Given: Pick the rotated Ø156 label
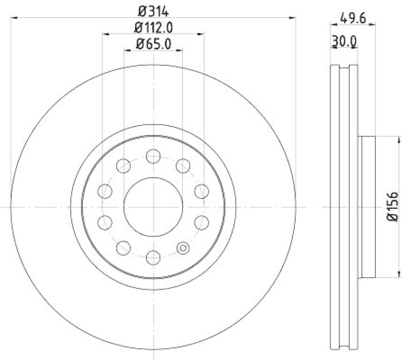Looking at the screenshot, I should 392,206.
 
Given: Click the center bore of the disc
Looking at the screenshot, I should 153,206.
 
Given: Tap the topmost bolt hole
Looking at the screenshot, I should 153,156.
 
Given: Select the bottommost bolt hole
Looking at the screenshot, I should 153,258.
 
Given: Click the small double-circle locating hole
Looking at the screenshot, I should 183,248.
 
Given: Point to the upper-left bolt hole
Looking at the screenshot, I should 123,165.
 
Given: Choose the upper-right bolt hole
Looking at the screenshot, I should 183,165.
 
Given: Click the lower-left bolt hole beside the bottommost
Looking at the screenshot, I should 123,247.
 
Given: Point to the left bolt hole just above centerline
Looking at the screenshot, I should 105,191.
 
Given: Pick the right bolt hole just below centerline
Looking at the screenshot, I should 201,222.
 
